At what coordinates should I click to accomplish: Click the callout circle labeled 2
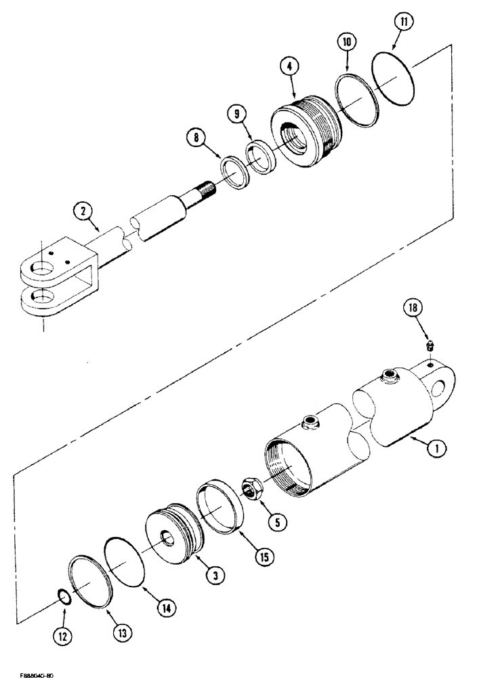(83, 212)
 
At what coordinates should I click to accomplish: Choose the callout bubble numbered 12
(62, 639)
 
